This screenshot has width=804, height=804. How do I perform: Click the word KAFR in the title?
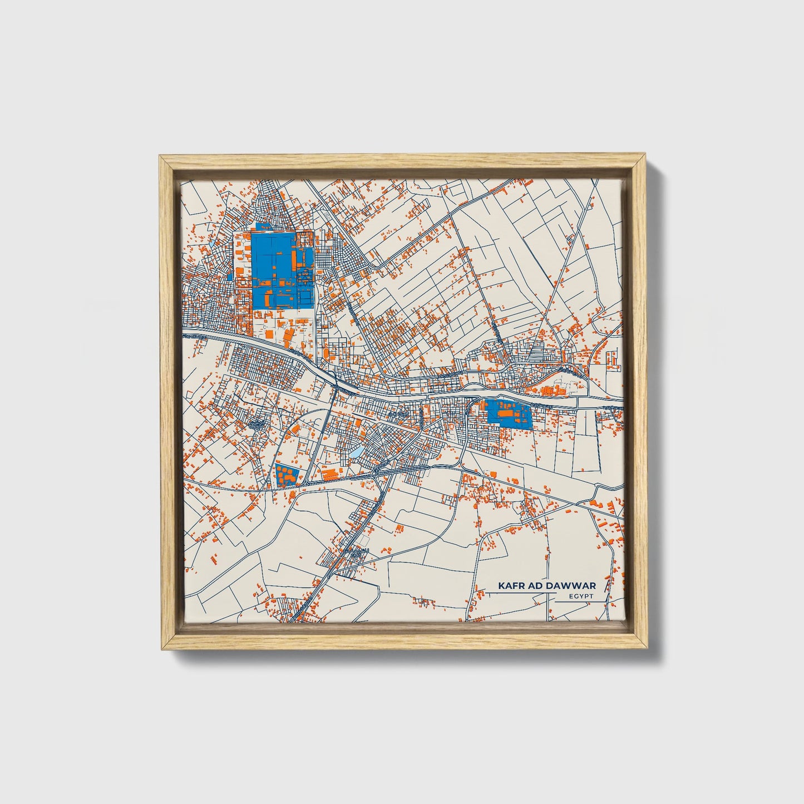[510, 586]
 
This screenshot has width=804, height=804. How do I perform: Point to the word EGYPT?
[581, 596]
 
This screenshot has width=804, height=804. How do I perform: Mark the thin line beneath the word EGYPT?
[581, 601]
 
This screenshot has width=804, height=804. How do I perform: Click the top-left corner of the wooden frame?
[161, 157]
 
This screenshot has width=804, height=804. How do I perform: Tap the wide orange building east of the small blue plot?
[329, 474]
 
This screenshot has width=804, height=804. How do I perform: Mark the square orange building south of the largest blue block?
[269, 334]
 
